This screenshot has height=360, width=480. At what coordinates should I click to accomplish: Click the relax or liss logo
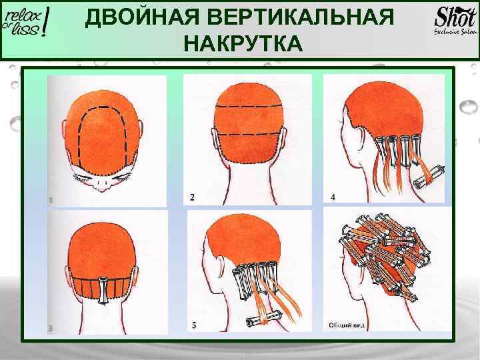(27, 27)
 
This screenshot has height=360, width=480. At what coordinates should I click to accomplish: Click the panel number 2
(193, 197)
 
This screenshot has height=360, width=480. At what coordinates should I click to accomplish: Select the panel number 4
(333, 197)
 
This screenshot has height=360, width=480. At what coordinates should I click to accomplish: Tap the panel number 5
(194, 325)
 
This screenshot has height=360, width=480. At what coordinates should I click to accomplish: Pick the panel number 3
(51, 328)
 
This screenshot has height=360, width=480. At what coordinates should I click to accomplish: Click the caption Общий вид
(345, 325)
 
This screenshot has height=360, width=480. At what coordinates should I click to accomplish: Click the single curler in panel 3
(104, 287)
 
